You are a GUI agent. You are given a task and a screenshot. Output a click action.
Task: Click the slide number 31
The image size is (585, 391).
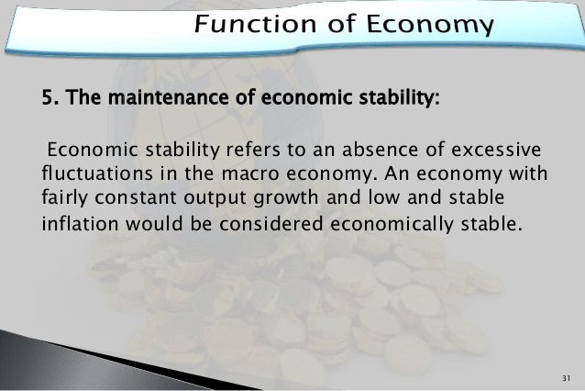(x=563, y=379)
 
